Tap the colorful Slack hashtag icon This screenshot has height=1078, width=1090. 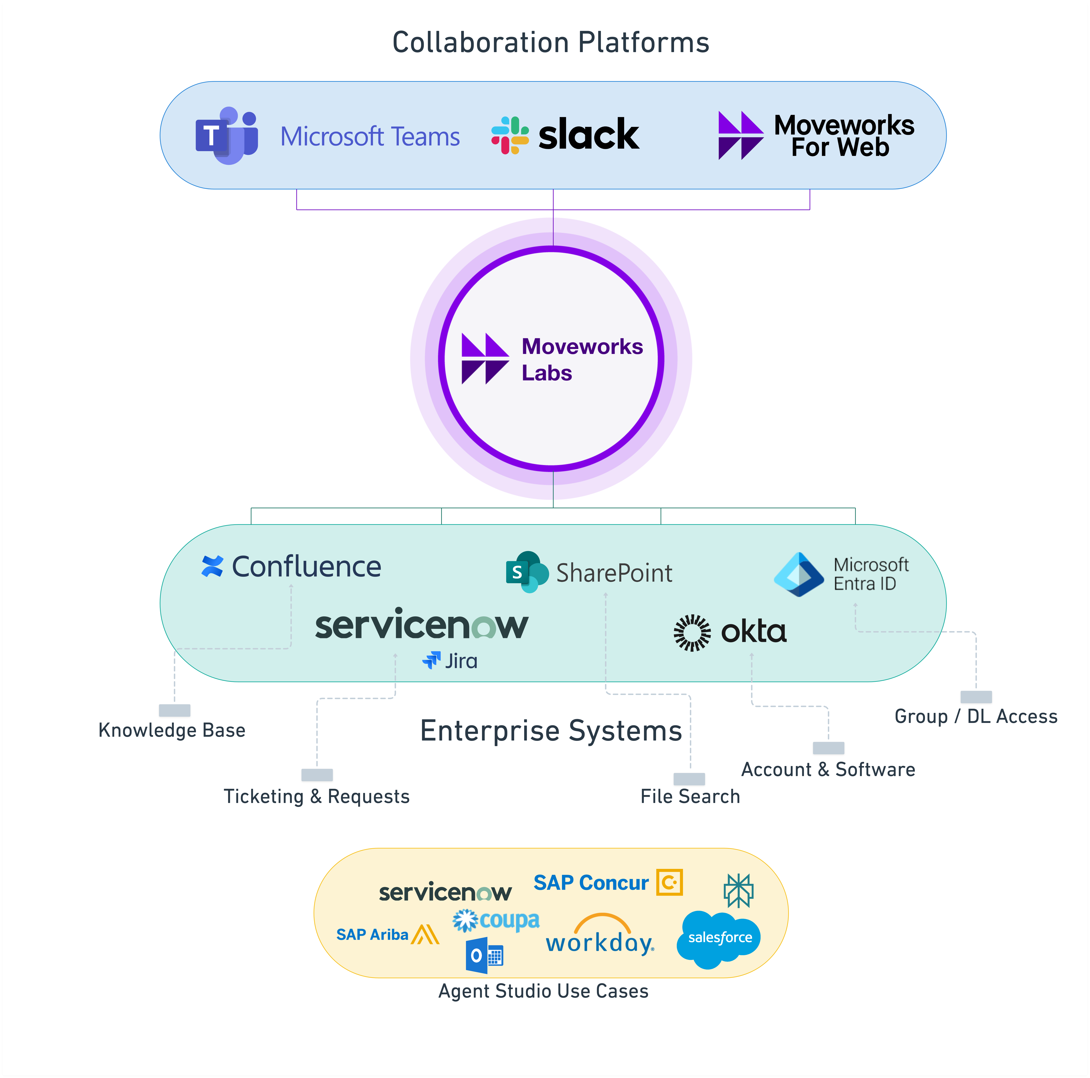[x=509, y=135]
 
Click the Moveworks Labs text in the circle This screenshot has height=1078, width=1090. [x=582, y=360]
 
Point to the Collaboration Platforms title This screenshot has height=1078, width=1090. [x=551, y=42]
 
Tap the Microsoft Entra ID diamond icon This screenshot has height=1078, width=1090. [x=799, y=574]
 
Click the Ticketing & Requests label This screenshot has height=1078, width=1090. [x=316, y=796]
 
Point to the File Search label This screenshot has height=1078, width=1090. [x=690, y=796]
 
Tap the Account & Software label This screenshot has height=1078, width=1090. [x=828, y=769]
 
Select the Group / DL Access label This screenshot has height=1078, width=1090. [x=975, y=716]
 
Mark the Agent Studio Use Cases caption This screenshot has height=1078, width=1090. [x=543, y=991]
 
